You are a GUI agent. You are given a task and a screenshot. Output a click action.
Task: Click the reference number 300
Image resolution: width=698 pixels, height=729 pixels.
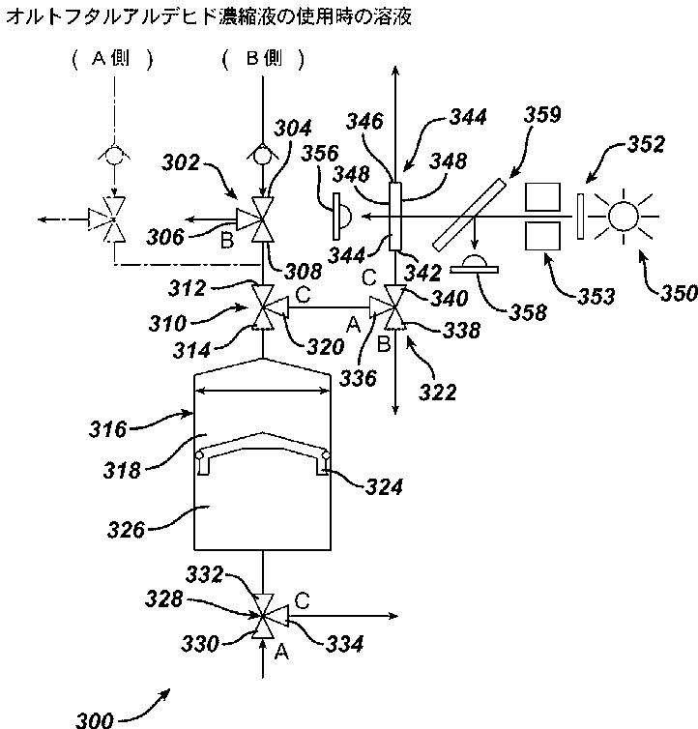(x=95, y=719)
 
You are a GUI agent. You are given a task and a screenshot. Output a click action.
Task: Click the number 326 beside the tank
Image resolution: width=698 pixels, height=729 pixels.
(x=126, y=529)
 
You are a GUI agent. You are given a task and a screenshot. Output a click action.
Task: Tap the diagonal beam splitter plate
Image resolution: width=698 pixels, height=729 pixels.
(x=469, y=215)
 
